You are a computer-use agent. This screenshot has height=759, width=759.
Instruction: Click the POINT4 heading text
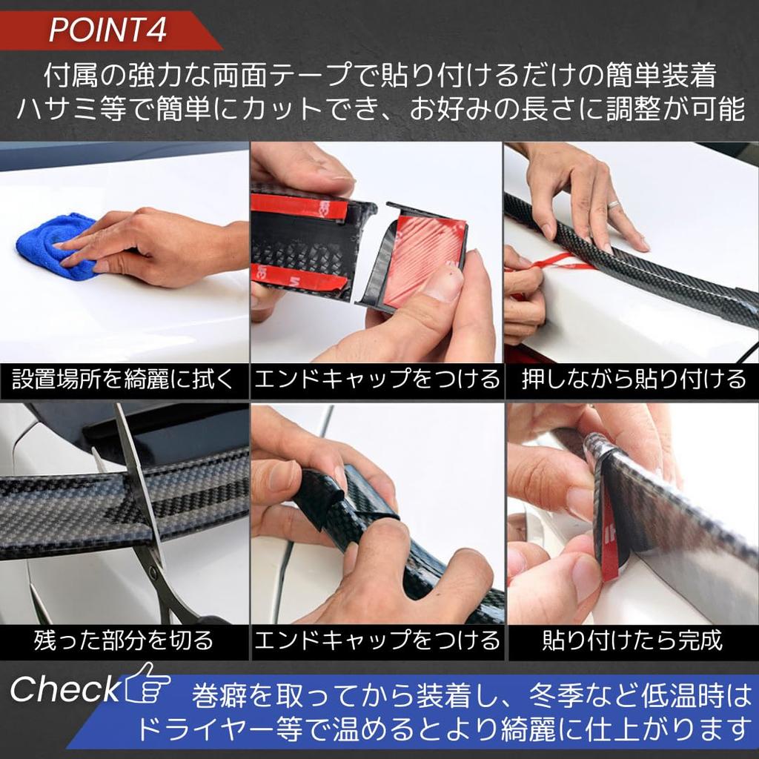[x=107, y=30]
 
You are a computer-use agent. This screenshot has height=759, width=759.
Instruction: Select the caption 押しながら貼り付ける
[x=633, y=381]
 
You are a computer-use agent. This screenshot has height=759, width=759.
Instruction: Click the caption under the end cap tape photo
[x=377, y=381]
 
